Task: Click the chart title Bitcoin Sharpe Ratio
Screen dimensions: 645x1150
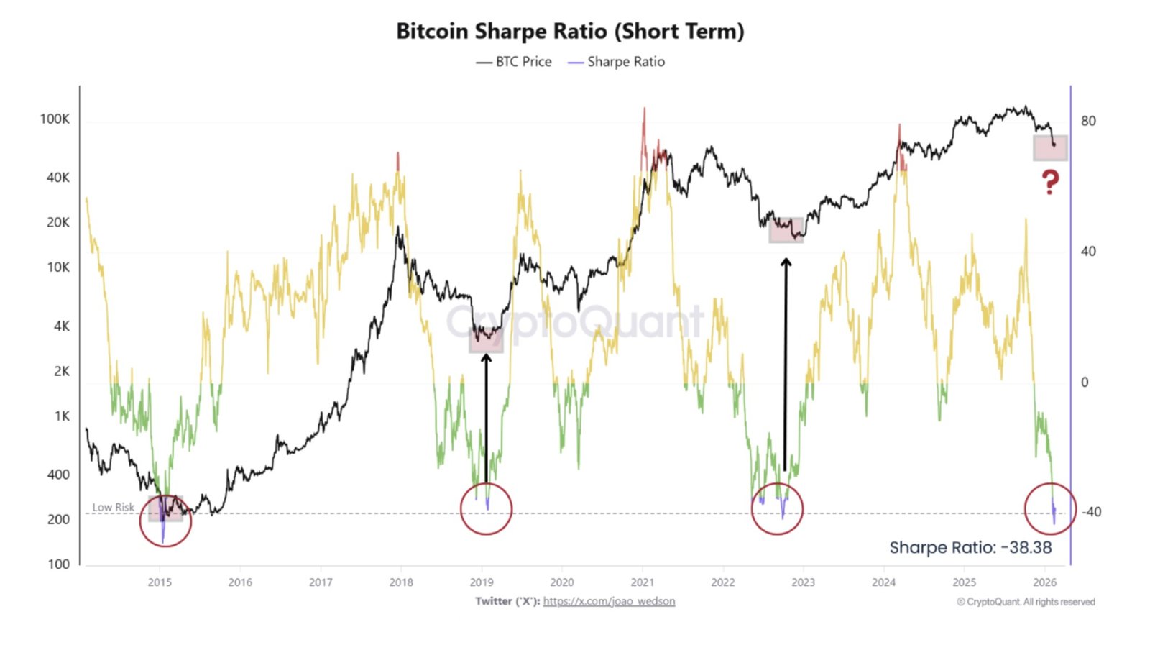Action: pos(570,32)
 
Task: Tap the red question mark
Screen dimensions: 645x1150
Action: pos(1050,183)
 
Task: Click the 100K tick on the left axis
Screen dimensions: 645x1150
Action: pos(55,119)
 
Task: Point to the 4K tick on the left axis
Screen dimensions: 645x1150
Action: pos(62,326)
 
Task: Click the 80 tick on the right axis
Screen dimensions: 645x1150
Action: pos(1088,121)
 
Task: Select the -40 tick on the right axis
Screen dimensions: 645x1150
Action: pos(1091,512)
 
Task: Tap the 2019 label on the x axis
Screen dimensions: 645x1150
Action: pos(482,582)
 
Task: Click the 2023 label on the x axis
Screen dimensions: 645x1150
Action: pos(803,582)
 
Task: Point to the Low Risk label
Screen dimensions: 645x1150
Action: pos(114,507)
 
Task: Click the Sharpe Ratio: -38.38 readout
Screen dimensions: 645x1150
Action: pos(970,548)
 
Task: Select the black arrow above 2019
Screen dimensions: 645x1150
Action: pos(486,417)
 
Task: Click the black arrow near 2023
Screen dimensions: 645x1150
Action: pos(786,363)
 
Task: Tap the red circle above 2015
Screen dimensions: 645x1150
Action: pos(165,521)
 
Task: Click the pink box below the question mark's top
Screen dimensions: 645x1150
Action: pos(1050,148)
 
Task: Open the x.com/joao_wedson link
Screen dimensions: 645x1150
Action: pos(609,601)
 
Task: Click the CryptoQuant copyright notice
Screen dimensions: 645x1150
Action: pos(1026,602)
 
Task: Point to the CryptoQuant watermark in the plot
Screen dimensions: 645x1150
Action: pos(575,321)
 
